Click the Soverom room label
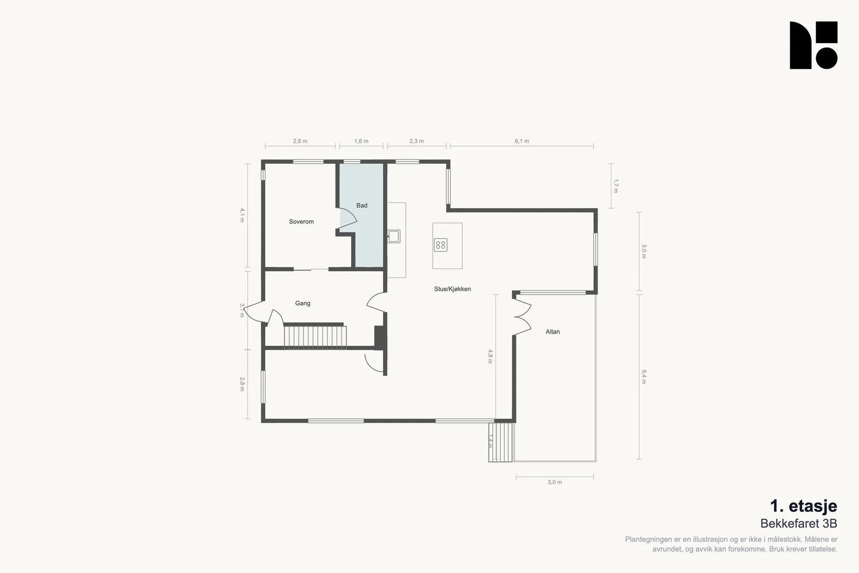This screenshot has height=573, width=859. [301, 222]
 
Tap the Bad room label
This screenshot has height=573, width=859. [362, 206]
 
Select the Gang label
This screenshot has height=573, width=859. [303, 303]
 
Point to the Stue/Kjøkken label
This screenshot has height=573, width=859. [453, 289]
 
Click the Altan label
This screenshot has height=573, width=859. [552, 332]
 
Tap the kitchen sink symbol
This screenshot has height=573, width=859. [394, 236]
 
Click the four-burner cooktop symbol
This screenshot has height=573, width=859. [441, 245]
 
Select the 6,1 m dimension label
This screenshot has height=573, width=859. [521, 141]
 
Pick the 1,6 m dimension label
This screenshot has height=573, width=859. [361, 141]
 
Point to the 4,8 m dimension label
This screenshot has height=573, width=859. [490, 356]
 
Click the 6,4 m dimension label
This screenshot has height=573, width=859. [644, 376]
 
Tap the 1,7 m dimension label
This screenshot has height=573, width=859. [615, 186]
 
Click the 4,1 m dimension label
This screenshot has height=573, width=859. [242, 215]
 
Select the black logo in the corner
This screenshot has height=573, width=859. [813, 45]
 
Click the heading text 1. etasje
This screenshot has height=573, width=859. [803, 506]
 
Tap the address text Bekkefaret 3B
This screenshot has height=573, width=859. [799, 524]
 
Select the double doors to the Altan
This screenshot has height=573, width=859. [522, 317]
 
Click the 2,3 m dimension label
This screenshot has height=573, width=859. [417, 141]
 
